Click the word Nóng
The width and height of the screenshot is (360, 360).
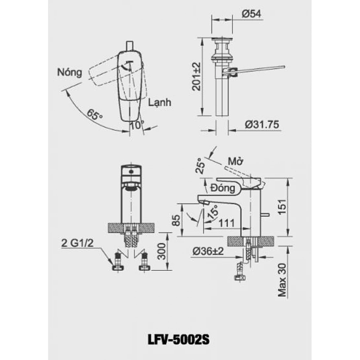point(69,73)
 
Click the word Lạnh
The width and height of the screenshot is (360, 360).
point(160,102)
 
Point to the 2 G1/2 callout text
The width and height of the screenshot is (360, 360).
point(77,243)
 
